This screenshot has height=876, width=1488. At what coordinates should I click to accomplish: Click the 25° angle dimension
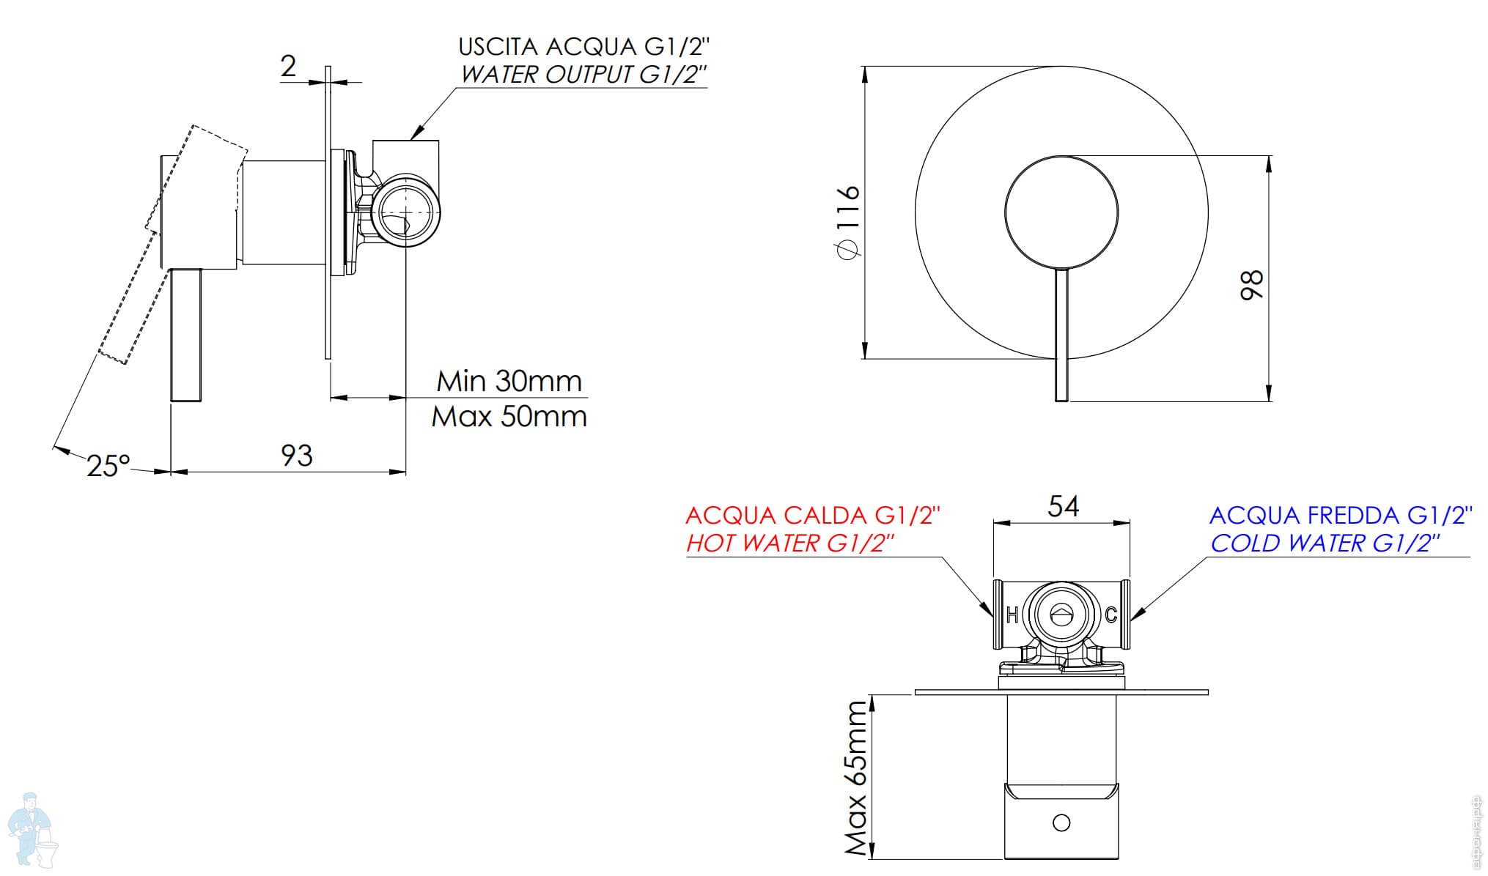pyautogui.click(x=108, y=465)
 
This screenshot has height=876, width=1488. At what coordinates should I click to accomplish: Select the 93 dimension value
pyautogui.click(x=297, y=456)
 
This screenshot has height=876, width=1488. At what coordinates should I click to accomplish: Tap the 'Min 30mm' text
pyautogui.click(x=509, y=381)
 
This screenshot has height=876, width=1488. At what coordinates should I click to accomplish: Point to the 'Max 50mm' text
pyautogui.click(x=509, y=417)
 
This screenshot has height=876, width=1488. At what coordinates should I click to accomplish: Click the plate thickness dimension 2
pyautogui.click(x=288, y=66)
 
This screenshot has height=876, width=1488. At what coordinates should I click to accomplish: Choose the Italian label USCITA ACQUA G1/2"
pyautogui.click(x=584, y=47)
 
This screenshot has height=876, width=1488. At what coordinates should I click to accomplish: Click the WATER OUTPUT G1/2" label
pyautogui.click(x=584, y=75)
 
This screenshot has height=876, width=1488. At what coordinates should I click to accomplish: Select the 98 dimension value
pyautogui.click(x=1252, y=284)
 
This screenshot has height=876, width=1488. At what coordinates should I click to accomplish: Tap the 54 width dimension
pyautogui.click(x=1063, y=506)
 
